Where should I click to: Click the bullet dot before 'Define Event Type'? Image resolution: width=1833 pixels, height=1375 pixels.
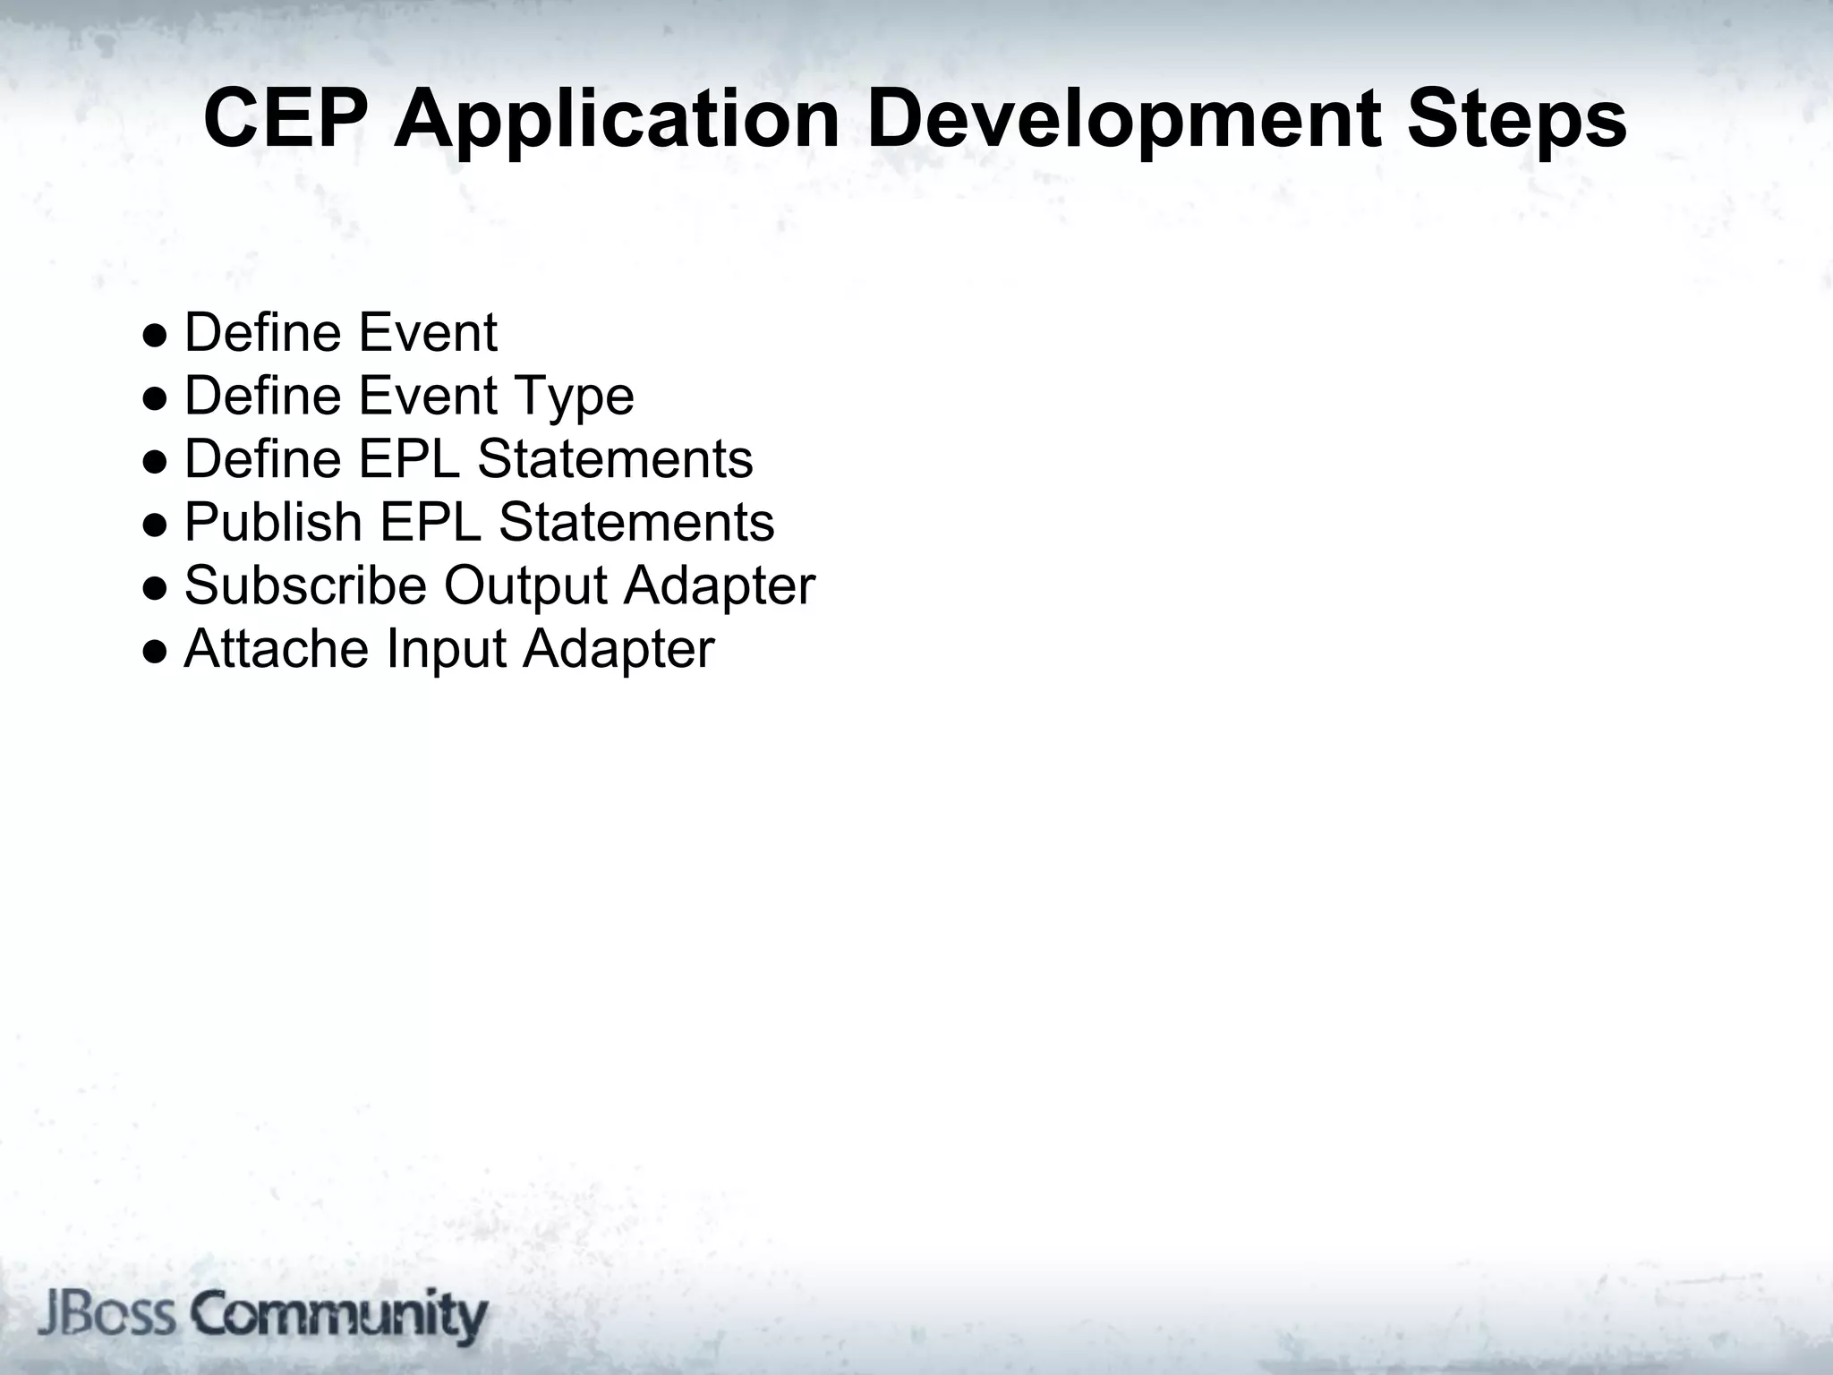pyautogui.click(x=154, y=398)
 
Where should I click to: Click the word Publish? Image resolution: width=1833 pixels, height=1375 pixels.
pyautogui.click(x=272, y=522)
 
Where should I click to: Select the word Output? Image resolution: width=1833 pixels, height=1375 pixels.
pyautogui.click(x=525, y=585)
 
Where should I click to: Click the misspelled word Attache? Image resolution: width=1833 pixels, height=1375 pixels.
pyautogui.click(x=276, y=648)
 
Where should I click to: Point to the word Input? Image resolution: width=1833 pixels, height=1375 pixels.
pyautogui.click(x=446, y=650)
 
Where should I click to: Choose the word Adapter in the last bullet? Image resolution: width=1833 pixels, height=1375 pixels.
pyautogui.click(x=618, y=650)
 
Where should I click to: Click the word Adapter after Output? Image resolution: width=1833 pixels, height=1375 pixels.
pyautogui.click(x=720, y=586)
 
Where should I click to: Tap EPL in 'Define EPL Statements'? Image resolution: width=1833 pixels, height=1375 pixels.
pyautogui.click(x=409, y=459)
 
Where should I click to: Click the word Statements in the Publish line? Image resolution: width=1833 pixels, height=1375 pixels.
pyautogui.click(x=636, y=522)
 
